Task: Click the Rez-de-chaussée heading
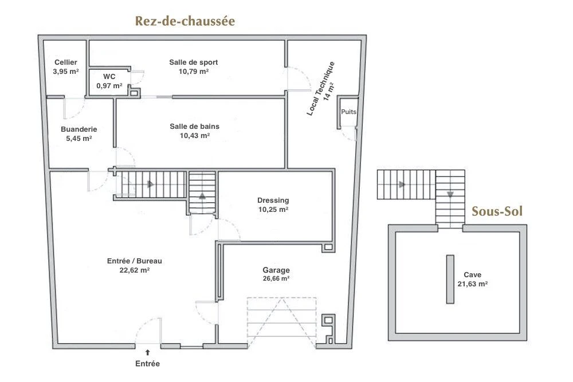[x=185, y=21]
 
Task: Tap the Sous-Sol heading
[x=497, y=211]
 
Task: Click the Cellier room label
[x=66, y=62]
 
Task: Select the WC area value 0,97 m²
[x=109, y=86]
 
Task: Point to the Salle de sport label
[x=193, y=62]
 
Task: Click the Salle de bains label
[x=194, y=127]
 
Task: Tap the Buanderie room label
[x=79, y=129]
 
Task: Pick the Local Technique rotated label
[x=320, y=88]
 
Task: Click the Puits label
[x=348, y=112]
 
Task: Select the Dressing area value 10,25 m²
[x=273, y=210]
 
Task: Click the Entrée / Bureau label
[x=135, y=261]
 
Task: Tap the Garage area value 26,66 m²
[x=276, y=278]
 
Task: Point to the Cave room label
[x=473, y=275]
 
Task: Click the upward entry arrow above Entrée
[x=148, y=352]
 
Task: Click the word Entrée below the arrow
[x=148, y=364]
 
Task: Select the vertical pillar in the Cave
[x=450, y=279]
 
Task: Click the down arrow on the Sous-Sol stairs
[x=450, y=195]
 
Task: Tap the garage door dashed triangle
[x=282, y=322]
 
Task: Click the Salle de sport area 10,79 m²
[x=193, y=72]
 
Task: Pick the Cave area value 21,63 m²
[x=473, y=283]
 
